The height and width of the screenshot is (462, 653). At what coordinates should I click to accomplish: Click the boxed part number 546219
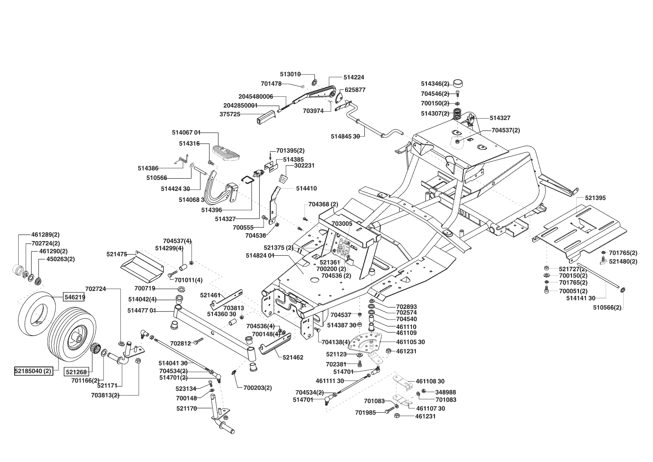click(74, 297)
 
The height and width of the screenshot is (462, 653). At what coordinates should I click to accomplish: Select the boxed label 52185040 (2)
click(33, 371)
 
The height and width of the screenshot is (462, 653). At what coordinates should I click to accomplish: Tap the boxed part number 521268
click(76, 371)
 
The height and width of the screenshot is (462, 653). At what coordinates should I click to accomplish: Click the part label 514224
click(354, 77)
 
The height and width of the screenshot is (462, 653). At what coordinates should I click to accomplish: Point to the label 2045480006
click(256, 96)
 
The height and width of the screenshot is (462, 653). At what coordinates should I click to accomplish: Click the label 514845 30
click(345, 136)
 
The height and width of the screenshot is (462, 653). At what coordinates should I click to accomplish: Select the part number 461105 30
click(411, 342)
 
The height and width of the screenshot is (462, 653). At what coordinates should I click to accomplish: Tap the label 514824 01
click(260, 256)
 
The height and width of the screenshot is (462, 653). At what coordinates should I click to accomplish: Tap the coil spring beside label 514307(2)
click(458, 113)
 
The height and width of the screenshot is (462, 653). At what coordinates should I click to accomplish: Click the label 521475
click(117, 254)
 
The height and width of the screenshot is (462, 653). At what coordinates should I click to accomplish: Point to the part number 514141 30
click(581, 298)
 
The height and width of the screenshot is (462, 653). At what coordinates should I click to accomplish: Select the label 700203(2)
click(258, 388)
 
